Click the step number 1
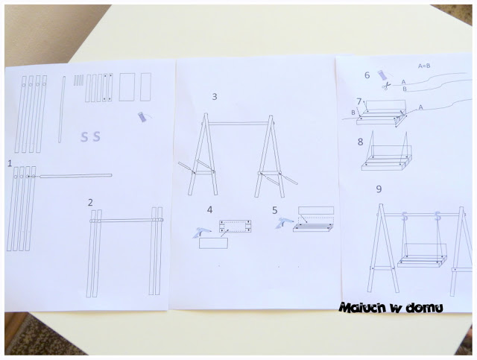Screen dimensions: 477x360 10,164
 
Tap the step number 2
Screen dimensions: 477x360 90,203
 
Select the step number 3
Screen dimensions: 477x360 215,96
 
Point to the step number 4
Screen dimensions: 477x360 209,209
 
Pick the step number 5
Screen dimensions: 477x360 275,210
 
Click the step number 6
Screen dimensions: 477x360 367,75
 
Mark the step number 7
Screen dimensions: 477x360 359,101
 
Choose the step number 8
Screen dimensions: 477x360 361,142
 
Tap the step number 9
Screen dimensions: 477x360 379,189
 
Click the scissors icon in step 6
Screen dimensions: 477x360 386,86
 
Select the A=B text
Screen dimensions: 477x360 424,66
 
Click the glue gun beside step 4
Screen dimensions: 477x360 200,233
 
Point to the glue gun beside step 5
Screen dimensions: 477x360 285,223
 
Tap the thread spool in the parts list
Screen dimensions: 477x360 143,117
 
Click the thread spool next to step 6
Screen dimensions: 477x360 382,75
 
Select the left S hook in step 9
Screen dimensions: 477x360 404,216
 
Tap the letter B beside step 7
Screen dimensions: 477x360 353,113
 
